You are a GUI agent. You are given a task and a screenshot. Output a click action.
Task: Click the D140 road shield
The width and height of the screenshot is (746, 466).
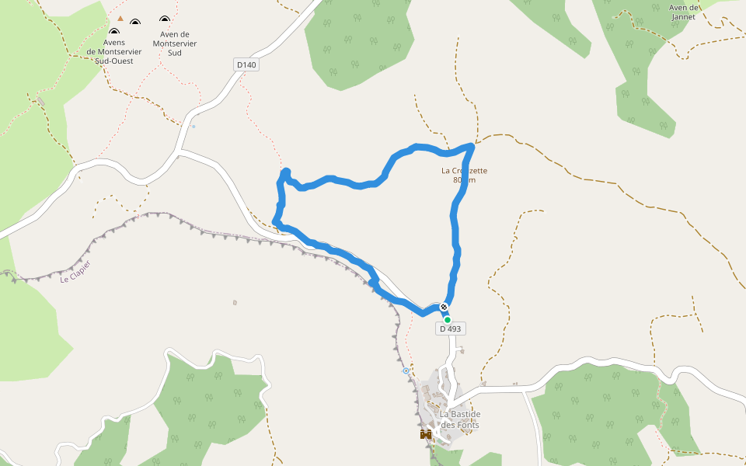(246, 64)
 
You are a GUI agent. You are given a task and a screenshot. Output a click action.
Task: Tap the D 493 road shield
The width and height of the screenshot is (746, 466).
(450, 329)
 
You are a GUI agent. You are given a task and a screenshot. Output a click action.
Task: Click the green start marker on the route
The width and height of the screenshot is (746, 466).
(448, 319)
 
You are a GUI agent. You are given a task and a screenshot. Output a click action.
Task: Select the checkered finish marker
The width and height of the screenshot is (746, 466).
(444, 307)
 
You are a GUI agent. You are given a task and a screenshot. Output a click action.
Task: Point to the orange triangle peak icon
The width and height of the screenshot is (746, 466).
(120, 18)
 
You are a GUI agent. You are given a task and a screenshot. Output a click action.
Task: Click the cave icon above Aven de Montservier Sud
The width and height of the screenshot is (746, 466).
(164, 19)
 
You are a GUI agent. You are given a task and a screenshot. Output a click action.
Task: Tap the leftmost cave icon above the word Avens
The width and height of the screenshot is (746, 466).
(113, 31)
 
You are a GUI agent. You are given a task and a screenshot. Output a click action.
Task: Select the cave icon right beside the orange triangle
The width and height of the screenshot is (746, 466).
(135, 23)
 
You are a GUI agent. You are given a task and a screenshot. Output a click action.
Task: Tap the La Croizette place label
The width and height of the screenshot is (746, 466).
(464, 171)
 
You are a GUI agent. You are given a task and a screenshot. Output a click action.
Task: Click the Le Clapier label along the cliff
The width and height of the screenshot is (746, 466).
(75, 271)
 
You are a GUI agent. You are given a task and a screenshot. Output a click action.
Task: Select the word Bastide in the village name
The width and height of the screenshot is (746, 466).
(465, 414)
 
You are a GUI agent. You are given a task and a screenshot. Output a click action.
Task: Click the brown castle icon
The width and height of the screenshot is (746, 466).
(425, 434)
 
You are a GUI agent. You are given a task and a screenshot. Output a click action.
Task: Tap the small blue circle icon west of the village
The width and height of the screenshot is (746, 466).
(406, 371)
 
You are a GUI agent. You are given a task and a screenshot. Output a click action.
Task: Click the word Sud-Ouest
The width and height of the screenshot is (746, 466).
(114, 61)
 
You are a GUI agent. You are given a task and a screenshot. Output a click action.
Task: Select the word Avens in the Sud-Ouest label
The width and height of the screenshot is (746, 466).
(114, 42)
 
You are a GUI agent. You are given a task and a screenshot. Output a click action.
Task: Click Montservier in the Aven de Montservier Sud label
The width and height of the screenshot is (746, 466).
(175, 43)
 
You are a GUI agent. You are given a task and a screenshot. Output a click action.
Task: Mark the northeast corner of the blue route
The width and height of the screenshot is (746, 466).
(472, 145)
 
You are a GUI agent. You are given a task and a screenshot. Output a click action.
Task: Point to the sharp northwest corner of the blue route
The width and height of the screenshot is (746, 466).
(286, 172)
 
